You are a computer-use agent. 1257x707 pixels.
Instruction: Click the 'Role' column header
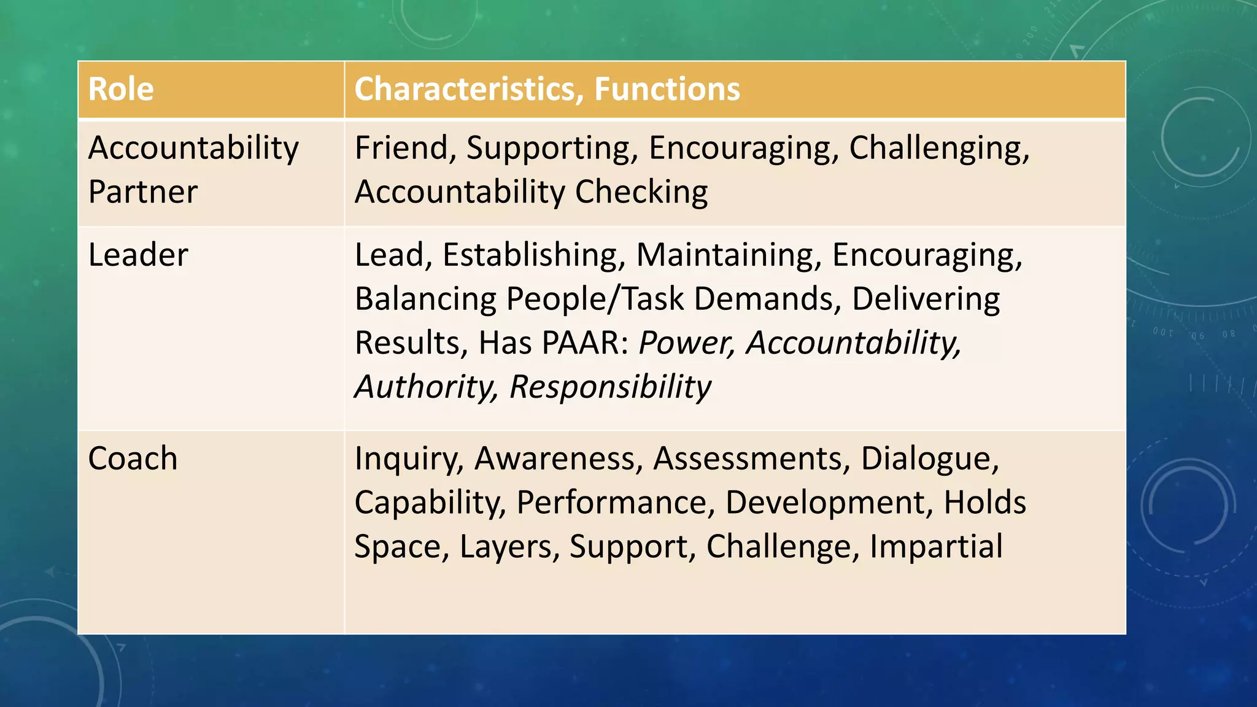pos(121,89)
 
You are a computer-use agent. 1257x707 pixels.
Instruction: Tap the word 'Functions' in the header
pos(667,89)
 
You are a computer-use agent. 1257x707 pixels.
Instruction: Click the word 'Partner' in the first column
pos(143,192)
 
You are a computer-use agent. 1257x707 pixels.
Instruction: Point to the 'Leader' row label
pos(138,255)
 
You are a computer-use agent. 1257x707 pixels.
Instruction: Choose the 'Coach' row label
pos(133,458)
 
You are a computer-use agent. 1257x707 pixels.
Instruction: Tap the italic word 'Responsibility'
pos(610,387)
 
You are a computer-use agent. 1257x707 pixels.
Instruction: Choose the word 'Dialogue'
pos(930,460)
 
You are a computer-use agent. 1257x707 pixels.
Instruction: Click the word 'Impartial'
pos(936,547)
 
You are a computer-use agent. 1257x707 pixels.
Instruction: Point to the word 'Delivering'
pos(926,299)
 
